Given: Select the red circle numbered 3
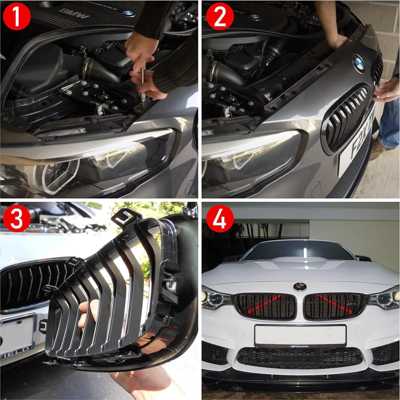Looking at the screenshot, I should tap(16, 219).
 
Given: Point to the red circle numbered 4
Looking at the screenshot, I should tap(220, 219).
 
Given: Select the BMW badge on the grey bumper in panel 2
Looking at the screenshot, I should tap(359, 64).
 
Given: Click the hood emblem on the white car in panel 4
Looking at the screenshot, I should tap(300, 287).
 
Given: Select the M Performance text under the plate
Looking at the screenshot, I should tap(300, 346).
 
